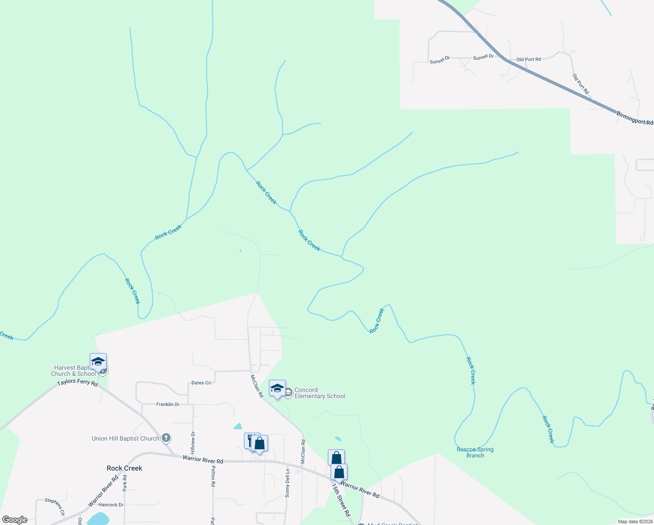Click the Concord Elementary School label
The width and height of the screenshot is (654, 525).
click(x=320, y=393)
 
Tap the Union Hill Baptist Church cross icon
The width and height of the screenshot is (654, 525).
click(x=166, y=437)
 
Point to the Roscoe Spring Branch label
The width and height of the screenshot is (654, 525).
click(x=475, y=452)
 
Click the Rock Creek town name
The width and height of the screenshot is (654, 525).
click(x=124, y=468)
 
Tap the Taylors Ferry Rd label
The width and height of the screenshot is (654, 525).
click(x=77, y=382)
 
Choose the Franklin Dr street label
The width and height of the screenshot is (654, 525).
click(x=168, y=404)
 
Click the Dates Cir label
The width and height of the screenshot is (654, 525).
click(x=201, y=383)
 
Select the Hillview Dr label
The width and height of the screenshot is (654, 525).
click(x=193, y=442)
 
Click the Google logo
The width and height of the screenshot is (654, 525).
click(x=15, y=520)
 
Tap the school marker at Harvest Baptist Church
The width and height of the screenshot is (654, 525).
click(x=98, y=362)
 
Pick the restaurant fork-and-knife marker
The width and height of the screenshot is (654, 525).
click(x=250, y=440)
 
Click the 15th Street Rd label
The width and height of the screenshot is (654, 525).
click(x=341, y=500)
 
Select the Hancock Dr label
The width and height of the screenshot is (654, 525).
click(x=111, y=504)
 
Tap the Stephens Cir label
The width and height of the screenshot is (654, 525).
click(x=55, y=506)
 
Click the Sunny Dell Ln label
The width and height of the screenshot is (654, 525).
click(x=287, y=483)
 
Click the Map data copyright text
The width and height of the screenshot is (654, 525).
click(x=635, y=521)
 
